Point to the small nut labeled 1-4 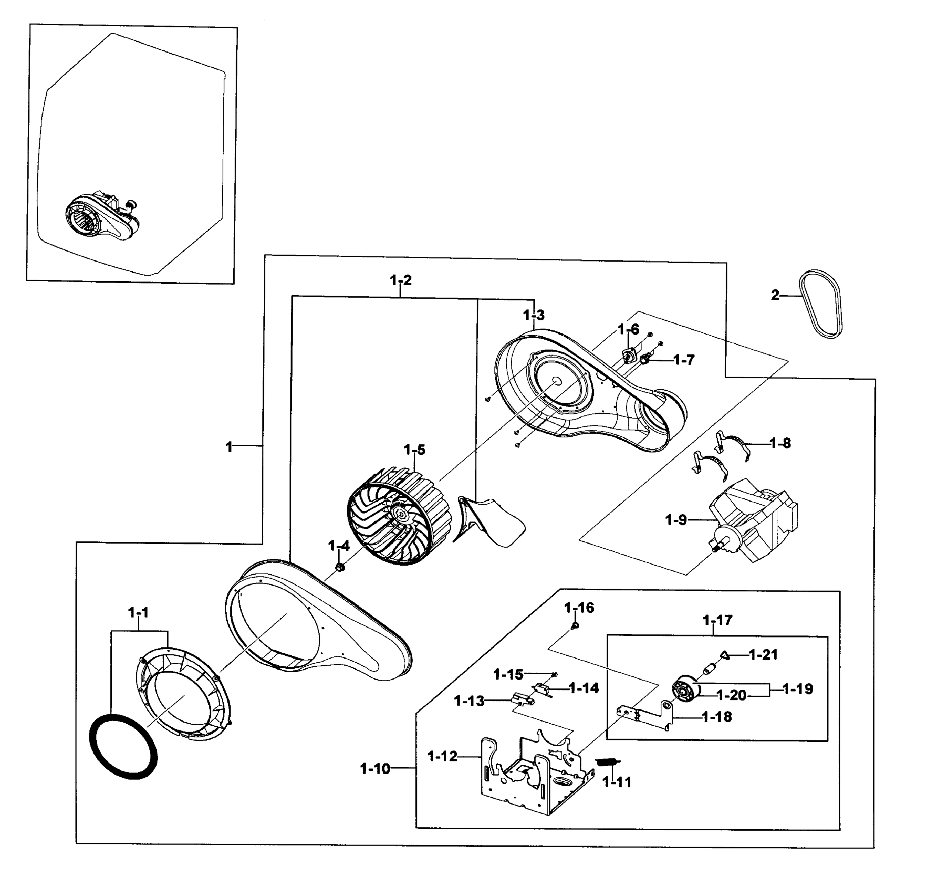339,566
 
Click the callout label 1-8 780,444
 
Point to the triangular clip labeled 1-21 725,655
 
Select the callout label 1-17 717,620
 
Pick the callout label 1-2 401,280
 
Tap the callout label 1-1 138,613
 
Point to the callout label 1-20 731,695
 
